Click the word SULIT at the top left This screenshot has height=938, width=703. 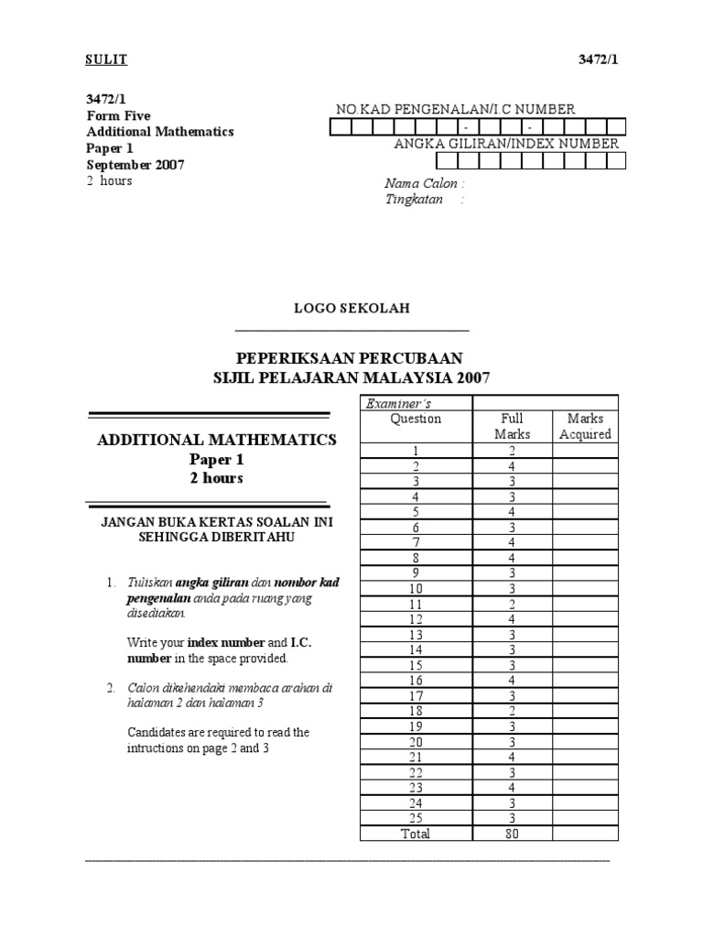(107, 60)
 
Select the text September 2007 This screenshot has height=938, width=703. (135, 165)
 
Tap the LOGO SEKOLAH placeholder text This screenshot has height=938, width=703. (351, 309)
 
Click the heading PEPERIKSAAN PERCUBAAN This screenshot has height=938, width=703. (351, 358)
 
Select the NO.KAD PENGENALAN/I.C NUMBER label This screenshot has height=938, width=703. (455, 109)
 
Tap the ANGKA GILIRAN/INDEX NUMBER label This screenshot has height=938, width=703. (506, 144)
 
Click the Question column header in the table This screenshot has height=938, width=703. (416, 419)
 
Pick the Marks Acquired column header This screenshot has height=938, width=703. (585, 426)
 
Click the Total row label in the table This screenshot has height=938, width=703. (416, 834)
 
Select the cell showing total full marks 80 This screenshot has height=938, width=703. (512, 834)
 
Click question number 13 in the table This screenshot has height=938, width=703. (416, 634)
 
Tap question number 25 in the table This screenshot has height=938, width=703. (416, 818)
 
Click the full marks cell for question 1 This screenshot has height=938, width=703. (512, 450)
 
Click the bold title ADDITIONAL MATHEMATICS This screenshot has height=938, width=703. (217, 440)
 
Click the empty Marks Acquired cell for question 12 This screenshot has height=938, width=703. (585, 618)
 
